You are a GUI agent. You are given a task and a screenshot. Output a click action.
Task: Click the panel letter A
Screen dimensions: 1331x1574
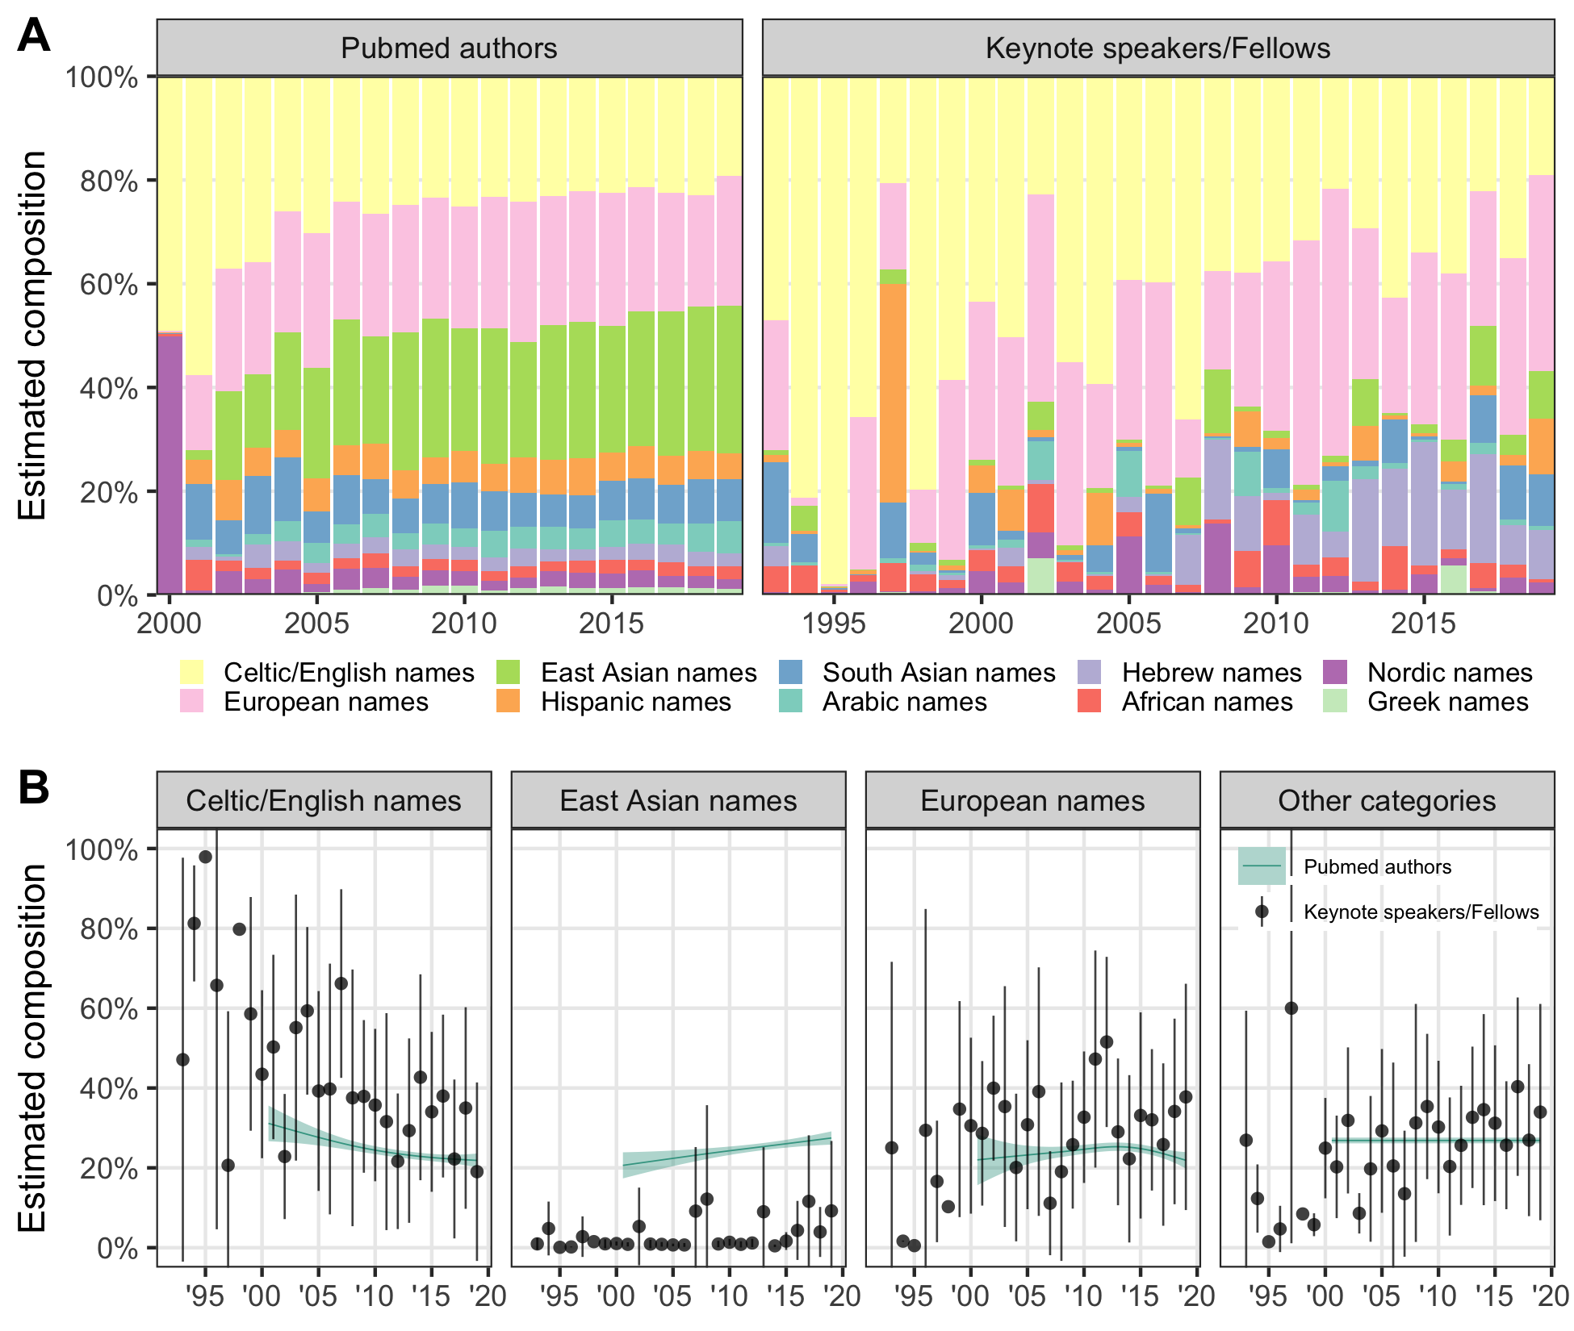pyautogui.click(x=33, y=36)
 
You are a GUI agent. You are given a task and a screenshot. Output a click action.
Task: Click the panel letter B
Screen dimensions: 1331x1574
pyautogui.click(x=33, y=788)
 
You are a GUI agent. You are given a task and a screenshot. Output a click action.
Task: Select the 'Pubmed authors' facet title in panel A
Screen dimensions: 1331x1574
pyautogui.click(x=449, y=48)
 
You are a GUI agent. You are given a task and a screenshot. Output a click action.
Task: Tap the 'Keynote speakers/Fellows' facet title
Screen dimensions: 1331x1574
pyautogui.click(x=1157, y=48)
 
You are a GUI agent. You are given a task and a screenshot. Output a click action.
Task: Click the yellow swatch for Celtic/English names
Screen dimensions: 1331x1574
pyautogui.click(x=191, y=672)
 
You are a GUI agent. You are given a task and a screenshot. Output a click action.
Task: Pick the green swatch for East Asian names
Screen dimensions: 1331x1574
pyautogui.click(x=509, y=672)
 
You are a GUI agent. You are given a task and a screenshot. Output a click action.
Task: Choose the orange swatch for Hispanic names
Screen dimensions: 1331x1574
pyautogui.click(x=509, y=701)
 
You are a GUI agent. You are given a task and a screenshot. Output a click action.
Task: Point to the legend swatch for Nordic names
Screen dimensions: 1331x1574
pyautogui.click(x=1336, y=672)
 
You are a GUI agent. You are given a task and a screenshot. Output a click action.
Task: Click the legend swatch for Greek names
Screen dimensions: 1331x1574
pyautogui.click(x=1336, y=701)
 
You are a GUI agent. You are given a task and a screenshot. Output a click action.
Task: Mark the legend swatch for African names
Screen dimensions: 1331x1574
pyautogui.click(x=1090, y=701)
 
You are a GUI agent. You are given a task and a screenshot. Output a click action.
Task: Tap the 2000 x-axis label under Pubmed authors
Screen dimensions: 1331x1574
pyautogui.click(x=169, y=623)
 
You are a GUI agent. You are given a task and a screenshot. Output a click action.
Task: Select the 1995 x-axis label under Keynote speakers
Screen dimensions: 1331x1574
pyautogui.click(x=834, y=623)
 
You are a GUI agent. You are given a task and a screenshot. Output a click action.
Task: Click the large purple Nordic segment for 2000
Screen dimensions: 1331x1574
pyautogui.click(x=170, y=464)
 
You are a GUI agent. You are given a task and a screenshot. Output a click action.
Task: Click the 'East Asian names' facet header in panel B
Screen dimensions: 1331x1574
pyautogui.click(x=678, y=800)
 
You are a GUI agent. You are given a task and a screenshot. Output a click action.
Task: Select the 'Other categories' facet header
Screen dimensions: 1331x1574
pyautogui.click(x=1387, y=800)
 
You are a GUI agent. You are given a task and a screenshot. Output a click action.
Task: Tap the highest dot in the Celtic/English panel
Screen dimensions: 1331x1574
pyautogui.click(x=205, y=857)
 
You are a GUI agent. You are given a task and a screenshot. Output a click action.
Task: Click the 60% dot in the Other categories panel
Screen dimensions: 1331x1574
pyautogui.click(x=1291, y=1008)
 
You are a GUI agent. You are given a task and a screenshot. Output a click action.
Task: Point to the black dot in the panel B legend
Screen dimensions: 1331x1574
pyautogui.click(x=1262, y=912)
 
